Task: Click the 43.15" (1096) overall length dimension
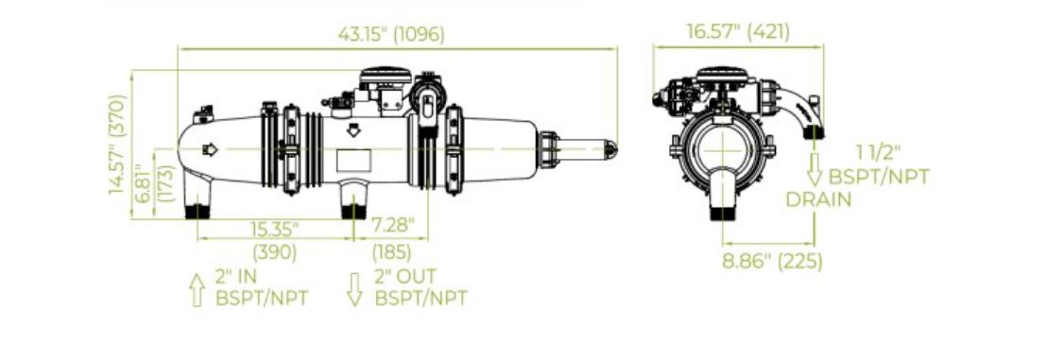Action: pos(390,33)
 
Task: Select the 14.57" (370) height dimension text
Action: pos(117,145)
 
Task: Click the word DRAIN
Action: pos(820,199)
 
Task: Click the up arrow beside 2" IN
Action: pos(197,288)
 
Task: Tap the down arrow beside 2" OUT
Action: pos(355,288)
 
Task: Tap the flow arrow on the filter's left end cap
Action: pos(210,149)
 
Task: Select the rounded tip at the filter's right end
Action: pos(612,148)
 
